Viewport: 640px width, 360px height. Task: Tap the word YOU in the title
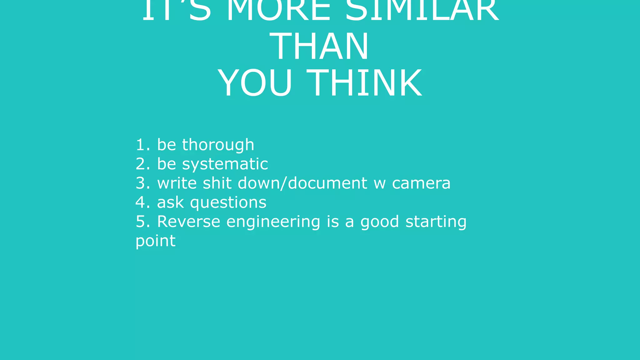(255, 83)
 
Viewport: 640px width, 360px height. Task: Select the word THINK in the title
(364, 83)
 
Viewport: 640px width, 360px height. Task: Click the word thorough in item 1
(218, 145)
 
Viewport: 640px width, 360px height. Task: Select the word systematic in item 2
(225, 164)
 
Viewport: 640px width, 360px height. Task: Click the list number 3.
(142, 183)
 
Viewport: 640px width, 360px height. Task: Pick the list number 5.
(142, 222)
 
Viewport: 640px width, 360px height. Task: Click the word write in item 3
(177, 183)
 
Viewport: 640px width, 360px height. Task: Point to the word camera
(421, 183)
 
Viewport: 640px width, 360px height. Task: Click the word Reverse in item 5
(189, 222)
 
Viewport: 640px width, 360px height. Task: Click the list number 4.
(142, 202)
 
